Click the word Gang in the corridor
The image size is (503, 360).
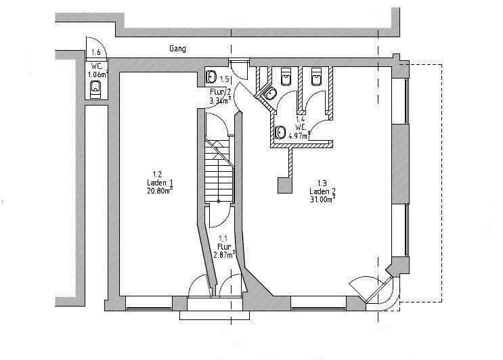(x=178, y=49)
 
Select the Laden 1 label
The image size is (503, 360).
(x=160, y=182)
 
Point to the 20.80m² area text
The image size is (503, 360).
(x=160, y=190)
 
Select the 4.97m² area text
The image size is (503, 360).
(x=299, y=135)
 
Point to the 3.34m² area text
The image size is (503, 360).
(x=221, y=100)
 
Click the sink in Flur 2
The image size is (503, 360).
(x=211, y=76)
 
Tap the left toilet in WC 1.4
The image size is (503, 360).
(x=285, y=75)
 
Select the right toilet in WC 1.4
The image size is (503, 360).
(x=315, y=76)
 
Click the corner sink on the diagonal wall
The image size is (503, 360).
(x=269, y=94)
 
